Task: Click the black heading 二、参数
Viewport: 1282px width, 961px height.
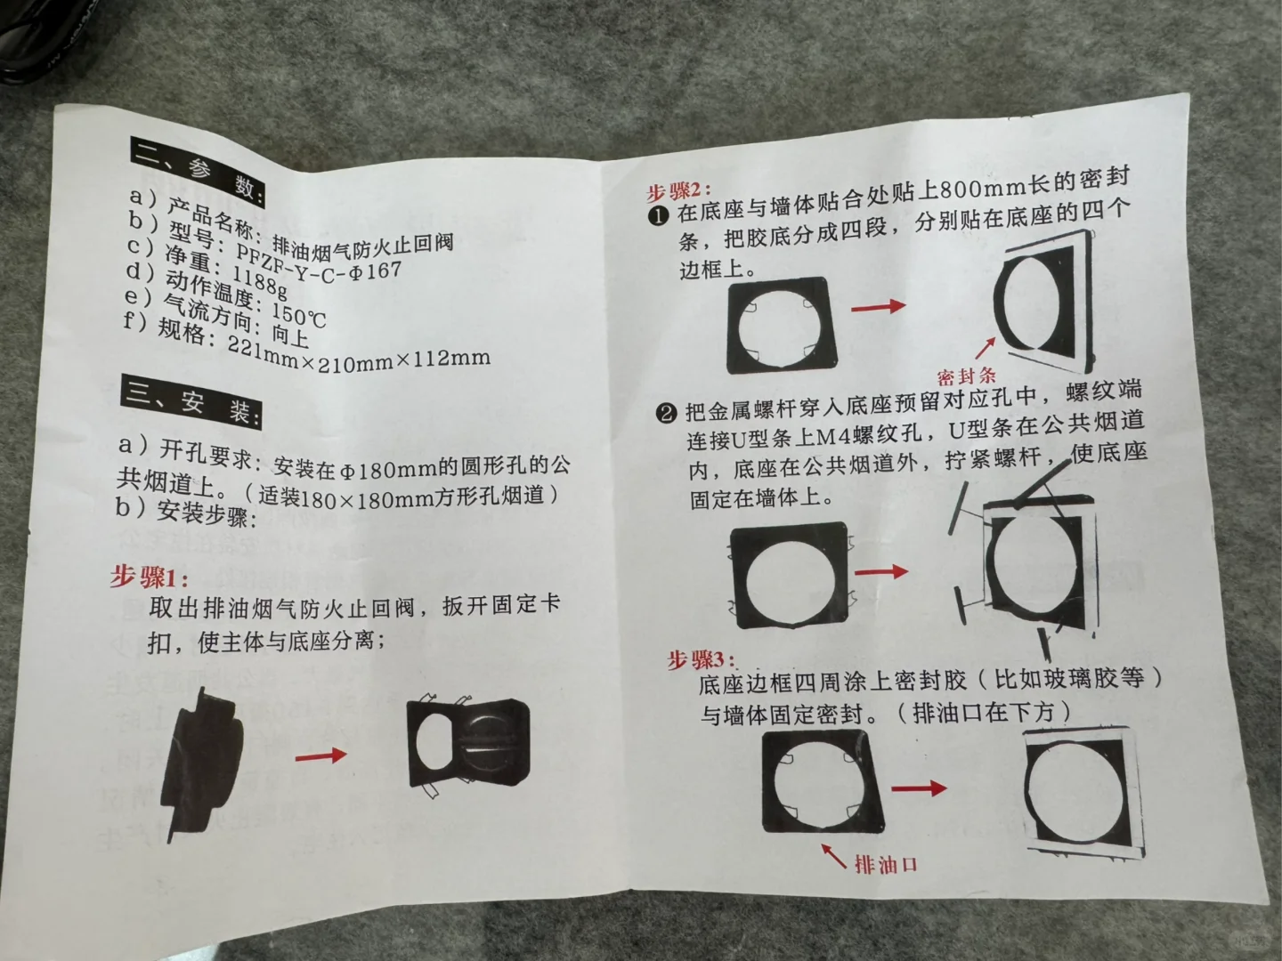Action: [x=199, y=172]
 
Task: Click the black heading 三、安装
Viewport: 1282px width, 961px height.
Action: [x=192, y=402]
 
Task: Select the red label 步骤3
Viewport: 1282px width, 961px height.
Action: [x=702, y=660]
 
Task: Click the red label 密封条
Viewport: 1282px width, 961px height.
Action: [x=967, y=376]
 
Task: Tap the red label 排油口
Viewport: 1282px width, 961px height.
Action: [x=886, y=864]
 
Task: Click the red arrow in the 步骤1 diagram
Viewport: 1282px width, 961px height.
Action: [x=320, y=756]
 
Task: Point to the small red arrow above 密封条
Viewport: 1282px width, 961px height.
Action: [x=986, y=348]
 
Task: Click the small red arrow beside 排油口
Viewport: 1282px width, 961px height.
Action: [x=833, y=855]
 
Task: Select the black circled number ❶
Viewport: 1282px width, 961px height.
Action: [x=658, y=216]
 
